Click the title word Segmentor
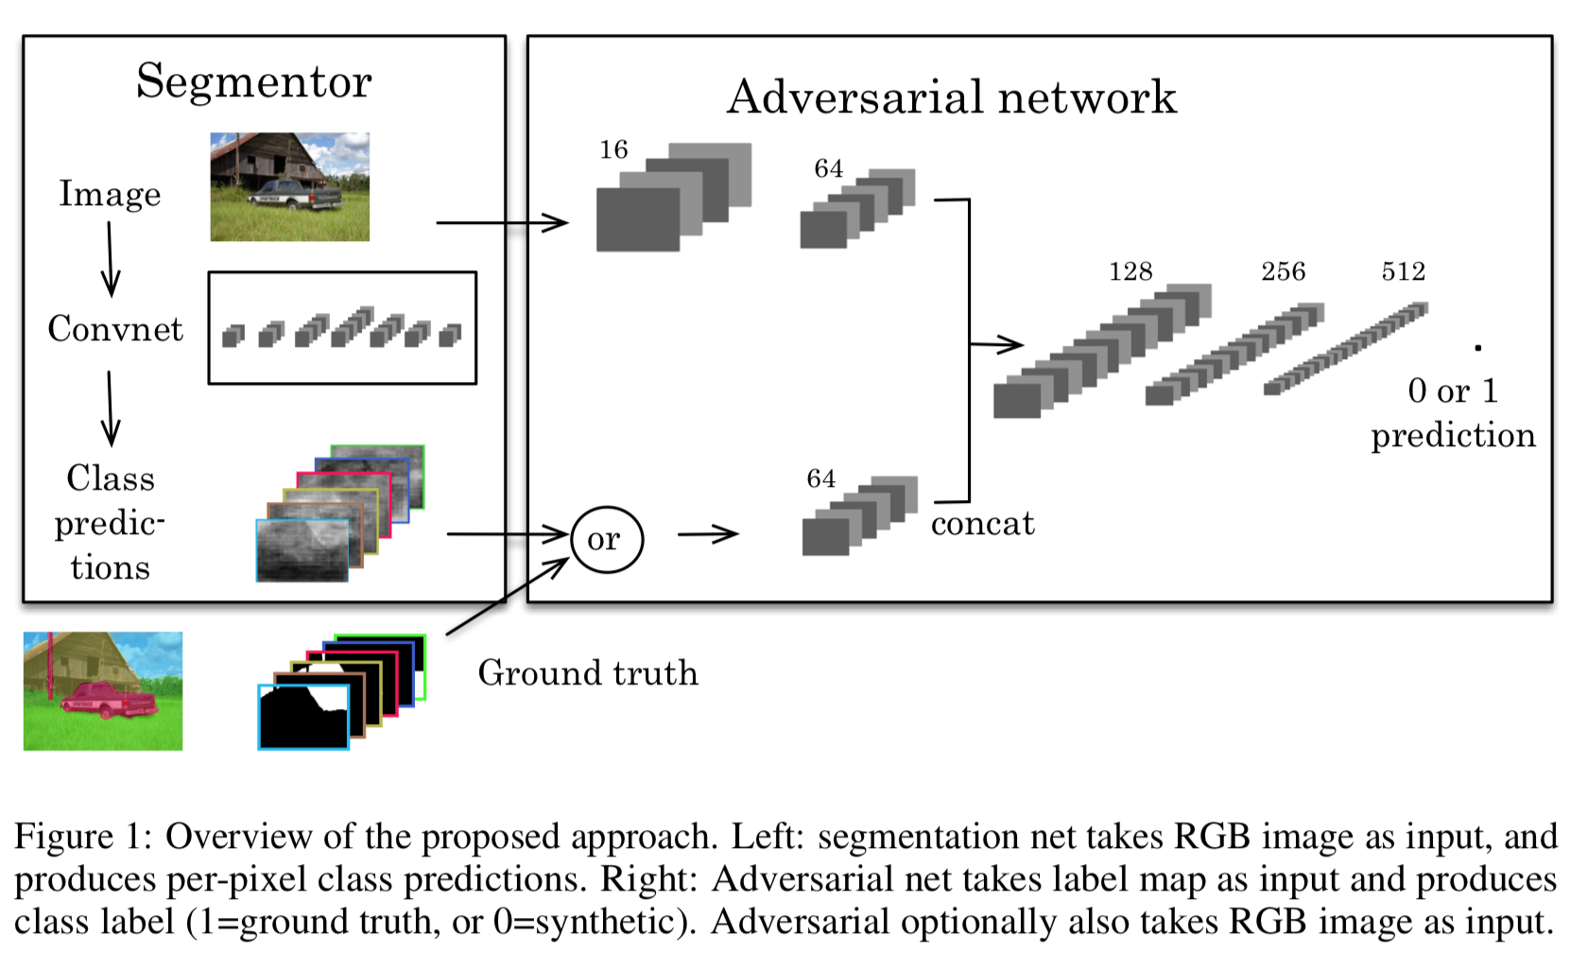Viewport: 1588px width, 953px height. tap(253, 82)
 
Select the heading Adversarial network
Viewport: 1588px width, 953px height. tap(951, 97)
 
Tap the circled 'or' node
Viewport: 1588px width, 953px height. tap(606, 540)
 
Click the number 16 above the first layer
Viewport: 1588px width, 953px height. tap(613, 149)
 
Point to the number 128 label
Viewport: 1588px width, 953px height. tap(1131, 272)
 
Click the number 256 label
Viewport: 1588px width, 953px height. tap(1283, 272)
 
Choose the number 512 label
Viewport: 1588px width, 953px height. tap(1403, 272)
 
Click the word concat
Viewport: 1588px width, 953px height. tap(982, 524)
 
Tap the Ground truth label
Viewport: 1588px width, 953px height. tap(588, 673)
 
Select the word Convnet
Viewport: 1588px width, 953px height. tap(115, 329)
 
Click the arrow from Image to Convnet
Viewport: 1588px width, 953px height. tap(110, 259)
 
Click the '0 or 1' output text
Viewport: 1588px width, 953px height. tap(1452, 390)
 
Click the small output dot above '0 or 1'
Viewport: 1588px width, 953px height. tap(1477, 348)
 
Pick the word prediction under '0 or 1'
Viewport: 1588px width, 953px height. tap(1453, 436)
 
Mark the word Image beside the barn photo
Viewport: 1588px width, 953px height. tap(110, 194)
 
